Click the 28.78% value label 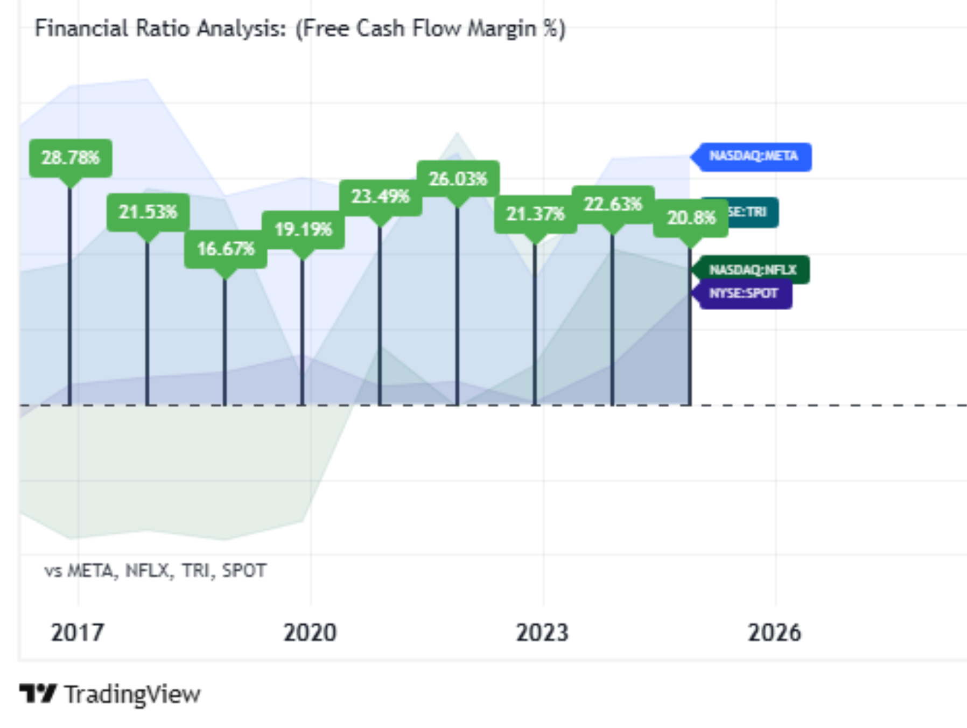click(x=71, y=158)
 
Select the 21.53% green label click(x=148, y=212)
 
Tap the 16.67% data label click(x=226, y=249)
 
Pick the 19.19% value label click(x=303, y=229)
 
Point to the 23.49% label click(x=381, y=197)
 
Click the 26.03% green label click(x=458, y=179)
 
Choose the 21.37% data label click(x=535, y=214)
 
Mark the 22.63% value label click(x=613, y=204)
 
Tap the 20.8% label click(x=691, y=218)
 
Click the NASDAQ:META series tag click(x=753, y=157)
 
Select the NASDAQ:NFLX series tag click(x=752, y=270)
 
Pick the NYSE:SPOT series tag click(x=744, y=293)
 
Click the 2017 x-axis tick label click(x=78, y=633)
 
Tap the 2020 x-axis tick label click(x=310, y=633)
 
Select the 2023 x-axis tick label click(x=542, y=633)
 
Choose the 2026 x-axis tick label click(x=774, y=633)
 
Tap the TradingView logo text click(x=132, y=694)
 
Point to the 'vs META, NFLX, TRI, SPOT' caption click(x=156, y=570)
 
